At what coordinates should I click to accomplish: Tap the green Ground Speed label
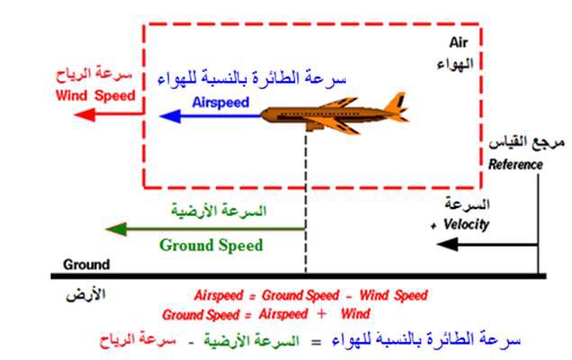coord(211,245)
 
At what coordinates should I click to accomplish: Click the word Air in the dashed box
coord(459,42)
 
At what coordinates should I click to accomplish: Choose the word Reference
coord(515,165)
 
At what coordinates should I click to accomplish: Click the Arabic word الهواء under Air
coord(459,63)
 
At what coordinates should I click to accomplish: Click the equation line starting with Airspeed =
coord(310,295)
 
